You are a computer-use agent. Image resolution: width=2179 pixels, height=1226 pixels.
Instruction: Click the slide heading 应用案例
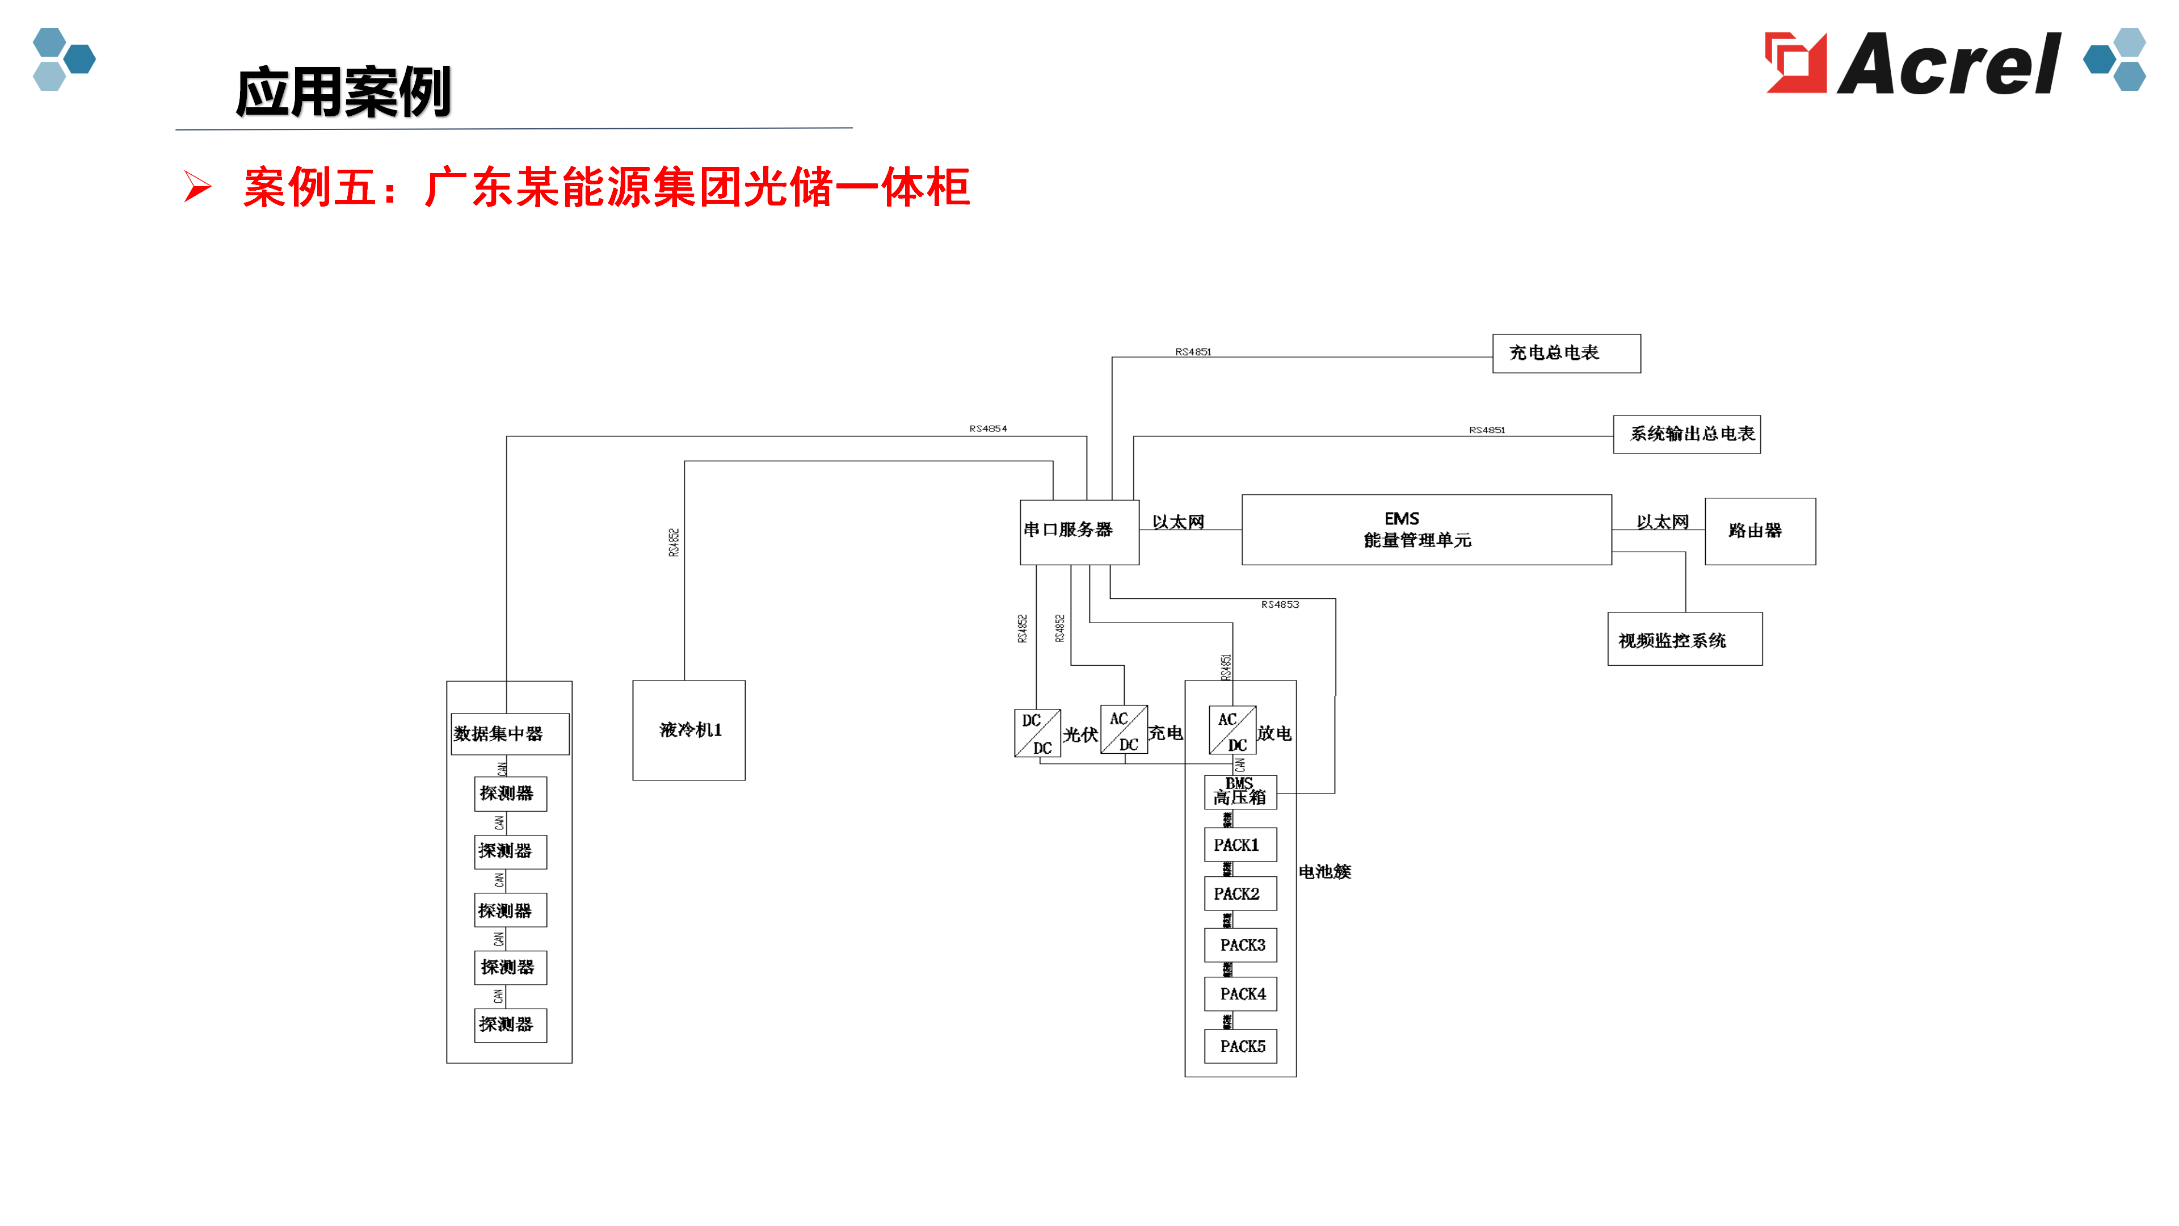click(x=343, y=92)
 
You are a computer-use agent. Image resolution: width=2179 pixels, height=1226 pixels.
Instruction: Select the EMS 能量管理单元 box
click(x=1425, y=530)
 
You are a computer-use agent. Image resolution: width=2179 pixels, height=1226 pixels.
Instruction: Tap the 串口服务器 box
click(x=1079, y=531)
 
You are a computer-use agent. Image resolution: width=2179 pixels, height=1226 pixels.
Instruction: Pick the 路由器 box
click(x=1760, y=531)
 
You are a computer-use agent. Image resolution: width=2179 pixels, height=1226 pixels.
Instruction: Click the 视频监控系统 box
click(x=1684, y=640)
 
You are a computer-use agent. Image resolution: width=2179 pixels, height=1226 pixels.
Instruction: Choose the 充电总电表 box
click(x=1566, y=353)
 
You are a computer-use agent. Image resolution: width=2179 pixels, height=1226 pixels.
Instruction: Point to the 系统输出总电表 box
click(x=1686, y=434)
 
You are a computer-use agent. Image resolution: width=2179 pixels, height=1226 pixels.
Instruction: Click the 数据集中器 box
click(x=509, y=733)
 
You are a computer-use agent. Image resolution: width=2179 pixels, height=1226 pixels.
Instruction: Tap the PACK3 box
click(x=1240, y=945)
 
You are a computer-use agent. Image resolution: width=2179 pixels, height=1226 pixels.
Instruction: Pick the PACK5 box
click(x=1240, y=1047)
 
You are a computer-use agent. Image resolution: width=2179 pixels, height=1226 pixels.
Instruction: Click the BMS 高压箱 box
click(x=1240, y=792)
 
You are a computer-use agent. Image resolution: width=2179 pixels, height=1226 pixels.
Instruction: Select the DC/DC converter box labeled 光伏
click(x=1037, y=733)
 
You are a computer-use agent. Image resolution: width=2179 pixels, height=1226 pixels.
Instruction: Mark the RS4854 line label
click(x=988, y=429)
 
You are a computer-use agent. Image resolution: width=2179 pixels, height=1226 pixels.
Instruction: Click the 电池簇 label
click(x=1324, y=871)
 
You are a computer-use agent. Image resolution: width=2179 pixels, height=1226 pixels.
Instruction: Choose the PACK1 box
click(x=1240, y=845)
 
